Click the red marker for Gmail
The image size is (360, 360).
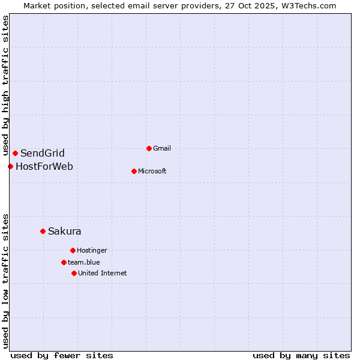[149, 148]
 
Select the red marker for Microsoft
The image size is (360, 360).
[134, 171]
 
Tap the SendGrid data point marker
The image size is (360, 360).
[15, 153]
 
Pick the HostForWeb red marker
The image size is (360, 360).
[10, 166]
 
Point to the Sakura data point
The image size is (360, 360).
[43, 231]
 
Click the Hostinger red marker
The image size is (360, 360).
[73, 250]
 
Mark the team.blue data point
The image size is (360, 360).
[64, 262]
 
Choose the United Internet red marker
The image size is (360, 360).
[74, 273]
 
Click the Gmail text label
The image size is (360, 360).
[162, 148]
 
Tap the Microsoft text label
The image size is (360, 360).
[152, 171]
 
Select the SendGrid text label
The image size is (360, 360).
[43, 153]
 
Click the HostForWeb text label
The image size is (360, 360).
[44, 166]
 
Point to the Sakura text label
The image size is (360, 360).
[65, 231]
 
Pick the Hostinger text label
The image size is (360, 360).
[92, 250]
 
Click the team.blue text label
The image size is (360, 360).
[84, 262]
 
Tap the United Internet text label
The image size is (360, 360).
[103, 273]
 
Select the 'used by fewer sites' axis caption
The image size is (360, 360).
[62, 355]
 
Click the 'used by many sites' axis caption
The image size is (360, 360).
[301, 355]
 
